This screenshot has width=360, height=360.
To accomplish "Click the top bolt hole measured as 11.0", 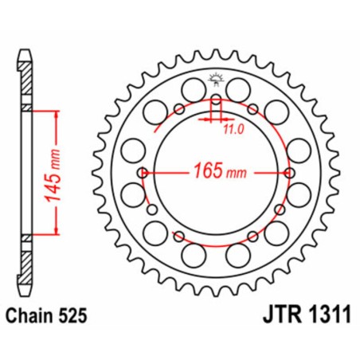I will pos(215,100).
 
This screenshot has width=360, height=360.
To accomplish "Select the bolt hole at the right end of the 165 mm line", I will pos(289,173).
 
